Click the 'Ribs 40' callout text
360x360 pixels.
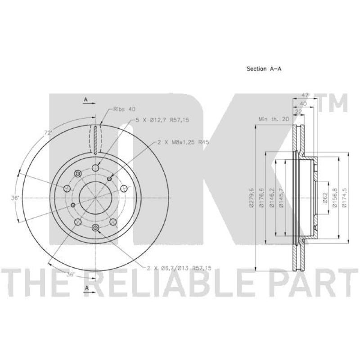coord(124,109)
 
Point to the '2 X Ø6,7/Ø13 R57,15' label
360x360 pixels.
coord(179,268)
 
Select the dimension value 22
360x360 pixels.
coord(297,111)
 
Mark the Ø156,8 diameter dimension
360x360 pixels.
coord(335,198)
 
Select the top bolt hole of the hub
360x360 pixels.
coord(95,168)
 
